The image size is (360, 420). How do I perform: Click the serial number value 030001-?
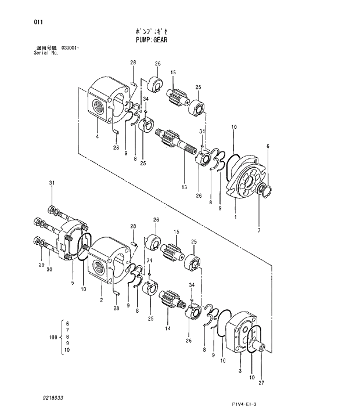point(70,48)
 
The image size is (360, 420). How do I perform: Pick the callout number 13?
point(183,187)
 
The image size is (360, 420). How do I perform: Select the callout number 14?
point(167,328)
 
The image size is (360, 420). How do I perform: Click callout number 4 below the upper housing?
point(97,137)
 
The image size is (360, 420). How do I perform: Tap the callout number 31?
point(51,183)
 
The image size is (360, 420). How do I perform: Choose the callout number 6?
point(268,146)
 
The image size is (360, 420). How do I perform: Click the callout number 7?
point(260,230)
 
